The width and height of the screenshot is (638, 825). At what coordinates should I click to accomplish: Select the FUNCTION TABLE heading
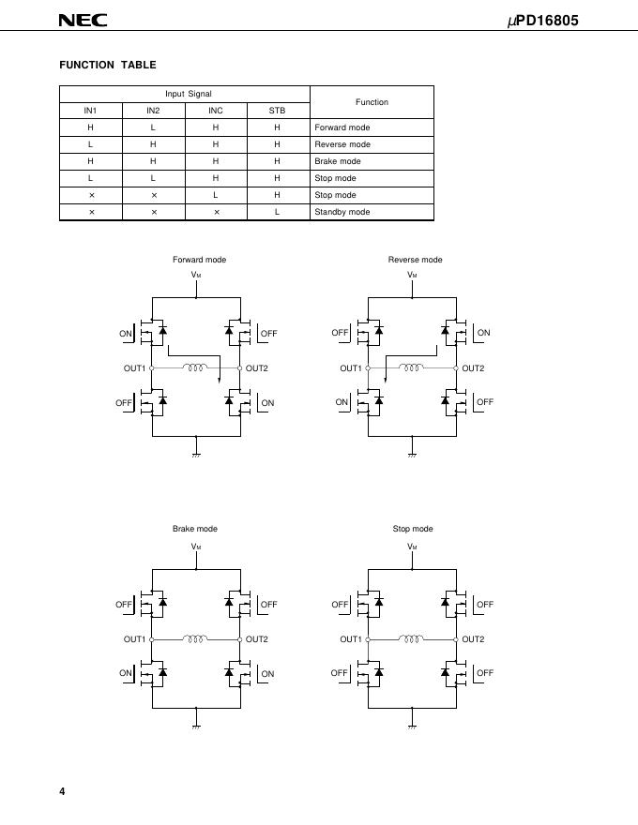click(x=108, y=65)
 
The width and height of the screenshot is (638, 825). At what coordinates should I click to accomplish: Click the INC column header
click(x=215, y=111)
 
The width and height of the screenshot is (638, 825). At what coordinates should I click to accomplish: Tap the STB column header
click(x=277, y=111)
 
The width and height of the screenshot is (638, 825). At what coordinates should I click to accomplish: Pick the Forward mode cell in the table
click(x=342, y=127)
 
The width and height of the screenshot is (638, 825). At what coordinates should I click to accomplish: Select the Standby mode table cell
click(x=342, y=212)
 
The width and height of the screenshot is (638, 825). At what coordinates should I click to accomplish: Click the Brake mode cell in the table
click(x=338, y=161)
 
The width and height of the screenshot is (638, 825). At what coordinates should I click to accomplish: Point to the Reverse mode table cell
click(x=342, y=144)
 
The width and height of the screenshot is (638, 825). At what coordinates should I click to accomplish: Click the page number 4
click(x=62, y=792)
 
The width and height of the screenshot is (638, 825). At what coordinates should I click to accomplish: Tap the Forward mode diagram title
click(x=199, y=260)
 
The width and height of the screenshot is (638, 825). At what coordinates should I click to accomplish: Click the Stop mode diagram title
click(x=413, y=529)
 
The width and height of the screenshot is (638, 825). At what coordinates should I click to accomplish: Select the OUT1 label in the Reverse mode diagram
click(x=351, y=368)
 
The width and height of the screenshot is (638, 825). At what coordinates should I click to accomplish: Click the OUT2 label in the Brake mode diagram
click(x=257, y=639)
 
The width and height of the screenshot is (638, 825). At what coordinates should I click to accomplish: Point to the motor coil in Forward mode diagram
click(x=196, y=367)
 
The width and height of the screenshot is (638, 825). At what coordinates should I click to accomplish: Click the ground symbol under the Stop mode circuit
click(x=413, y=725)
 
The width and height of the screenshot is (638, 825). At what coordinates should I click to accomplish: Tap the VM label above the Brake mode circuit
click(x=196, y=546)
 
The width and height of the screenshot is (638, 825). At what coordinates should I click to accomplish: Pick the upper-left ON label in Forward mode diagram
click(x=126, y=334)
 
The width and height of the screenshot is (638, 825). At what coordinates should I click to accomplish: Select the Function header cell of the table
click(x=372, y=102)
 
